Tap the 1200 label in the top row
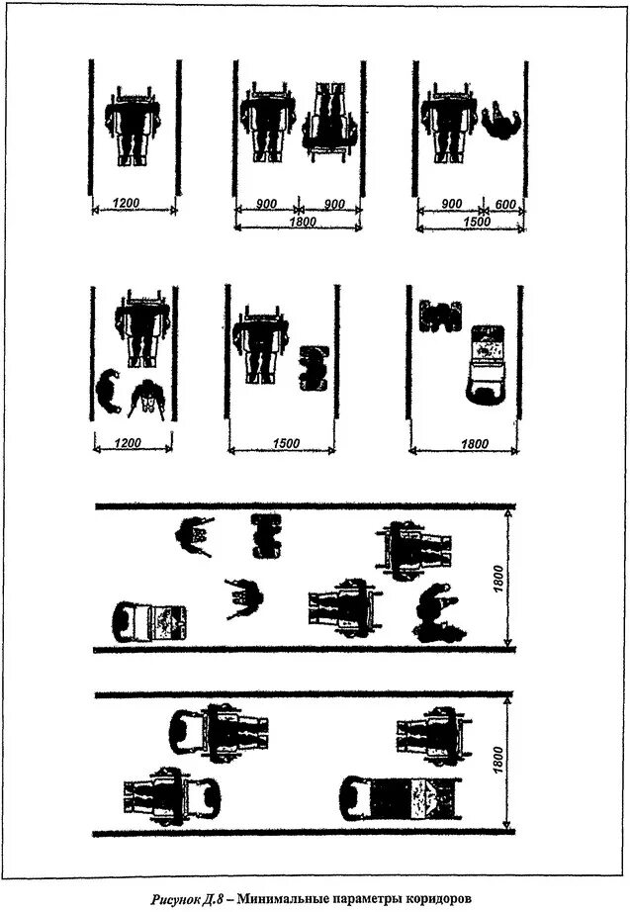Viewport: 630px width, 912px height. (126, 203)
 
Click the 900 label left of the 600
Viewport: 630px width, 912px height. (451, 204)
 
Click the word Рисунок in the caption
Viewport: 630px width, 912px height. (179, 899)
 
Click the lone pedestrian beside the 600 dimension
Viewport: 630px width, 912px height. (505, 123)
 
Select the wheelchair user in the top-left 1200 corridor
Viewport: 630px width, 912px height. (135, 125)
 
